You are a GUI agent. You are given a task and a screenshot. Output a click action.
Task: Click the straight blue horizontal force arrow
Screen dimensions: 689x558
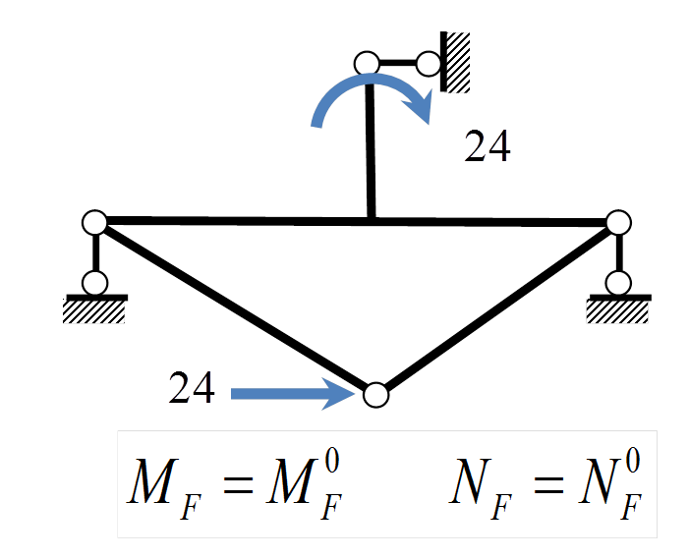[293, 394]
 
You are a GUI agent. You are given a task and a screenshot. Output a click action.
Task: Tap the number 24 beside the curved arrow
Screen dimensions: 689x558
[487, 146]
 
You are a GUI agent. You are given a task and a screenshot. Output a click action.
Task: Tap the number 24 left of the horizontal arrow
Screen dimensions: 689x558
[192, 387]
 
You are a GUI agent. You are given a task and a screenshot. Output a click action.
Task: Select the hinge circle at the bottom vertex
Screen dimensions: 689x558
[376, 395]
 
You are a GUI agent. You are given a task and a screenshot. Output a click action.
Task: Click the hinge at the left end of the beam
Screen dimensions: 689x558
[94, 223]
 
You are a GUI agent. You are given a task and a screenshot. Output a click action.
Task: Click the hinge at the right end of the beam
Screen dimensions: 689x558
[618, 223]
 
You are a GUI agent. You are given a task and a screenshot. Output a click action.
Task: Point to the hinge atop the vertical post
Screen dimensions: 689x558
[367, 63]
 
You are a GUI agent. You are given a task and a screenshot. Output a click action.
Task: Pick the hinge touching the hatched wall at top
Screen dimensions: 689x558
[428, 64]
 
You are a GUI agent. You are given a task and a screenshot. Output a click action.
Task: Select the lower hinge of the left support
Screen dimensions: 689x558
[94, 283]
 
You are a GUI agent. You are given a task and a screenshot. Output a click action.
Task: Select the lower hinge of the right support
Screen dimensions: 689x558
[618, 283]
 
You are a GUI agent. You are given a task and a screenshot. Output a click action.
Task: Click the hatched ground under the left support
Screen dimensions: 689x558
[94, 309]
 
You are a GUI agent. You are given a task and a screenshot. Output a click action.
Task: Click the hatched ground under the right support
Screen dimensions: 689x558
[618, 309]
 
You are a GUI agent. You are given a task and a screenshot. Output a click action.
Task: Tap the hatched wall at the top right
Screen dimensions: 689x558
[456, 62]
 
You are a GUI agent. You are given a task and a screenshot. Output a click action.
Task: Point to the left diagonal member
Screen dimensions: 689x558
[235, 307]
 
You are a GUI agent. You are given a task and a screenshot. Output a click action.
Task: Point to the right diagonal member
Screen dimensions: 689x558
[496, 307]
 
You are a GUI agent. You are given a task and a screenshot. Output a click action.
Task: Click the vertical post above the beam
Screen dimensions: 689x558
[371, 147]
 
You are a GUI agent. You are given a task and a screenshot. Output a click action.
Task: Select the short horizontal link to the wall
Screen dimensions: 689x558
[397, 63]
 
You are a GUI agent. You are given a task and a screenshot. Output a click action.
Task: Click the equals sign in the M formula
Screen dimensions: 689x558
[238, 484]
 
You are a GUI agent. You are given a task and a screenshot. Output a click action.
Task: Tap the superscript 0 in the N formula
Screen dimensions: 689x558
[633, 462]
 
